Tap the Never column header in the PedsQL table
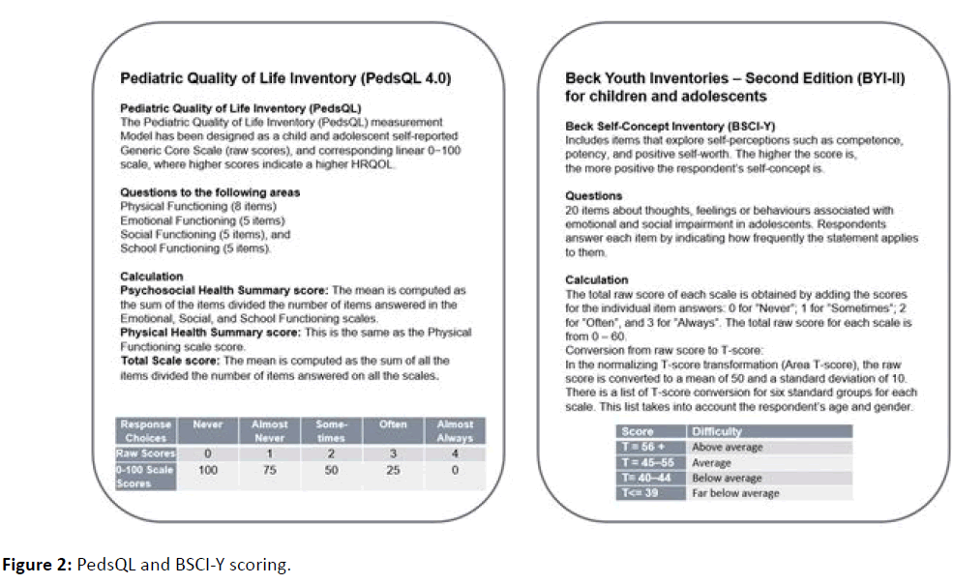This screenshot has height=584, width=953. (x=207, y=424)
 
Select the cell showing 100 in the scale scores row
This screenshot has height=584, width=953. (x=207, y=470)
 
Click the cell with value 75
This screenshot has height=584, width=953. (x=271, y=470)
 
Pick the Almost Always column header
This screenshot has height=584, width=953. (x=455, y=430)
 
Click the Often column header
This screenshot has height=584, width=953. (x=394, y=424)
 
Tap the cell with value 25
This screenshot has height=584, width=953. (x=394, y=470)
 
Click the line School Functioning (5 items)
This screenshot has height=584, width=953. (x=182, y=248)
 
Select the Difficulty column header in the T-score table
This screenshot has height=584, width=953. (x=718, y=431)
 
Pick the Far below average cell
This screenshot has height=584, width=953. (x=736, y=493)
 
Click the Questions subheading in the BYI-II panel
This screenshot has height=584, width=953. (x=594, y=196)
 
